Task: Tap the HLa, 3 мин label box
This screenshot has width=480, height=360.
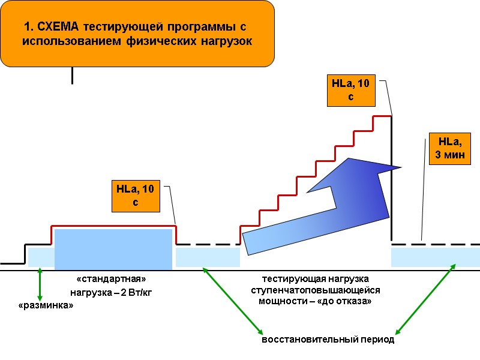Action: point(449,149)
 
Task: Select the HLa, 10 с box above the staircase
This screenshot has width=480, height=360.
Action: point(351,90)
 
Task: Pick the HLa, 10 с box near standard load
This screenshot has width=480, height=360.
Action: point(136,196)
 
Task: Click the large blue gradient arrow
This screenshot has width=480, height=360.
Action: point(324,204)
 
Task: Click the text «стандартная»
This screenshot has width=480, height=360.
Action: point(112,280)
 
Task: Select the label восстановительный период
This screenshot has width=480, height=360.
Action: point(328,340)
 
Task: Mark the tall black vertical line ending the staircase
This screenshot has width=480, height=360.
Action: point(392,180)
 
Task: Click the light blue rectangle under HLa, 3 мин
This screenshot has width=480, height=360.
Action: point(435,257)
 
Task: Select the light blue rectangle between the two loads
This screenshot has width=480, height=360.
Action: point(208,257)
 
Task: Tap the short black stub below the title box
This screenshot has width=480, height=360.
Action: point(72,75)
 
